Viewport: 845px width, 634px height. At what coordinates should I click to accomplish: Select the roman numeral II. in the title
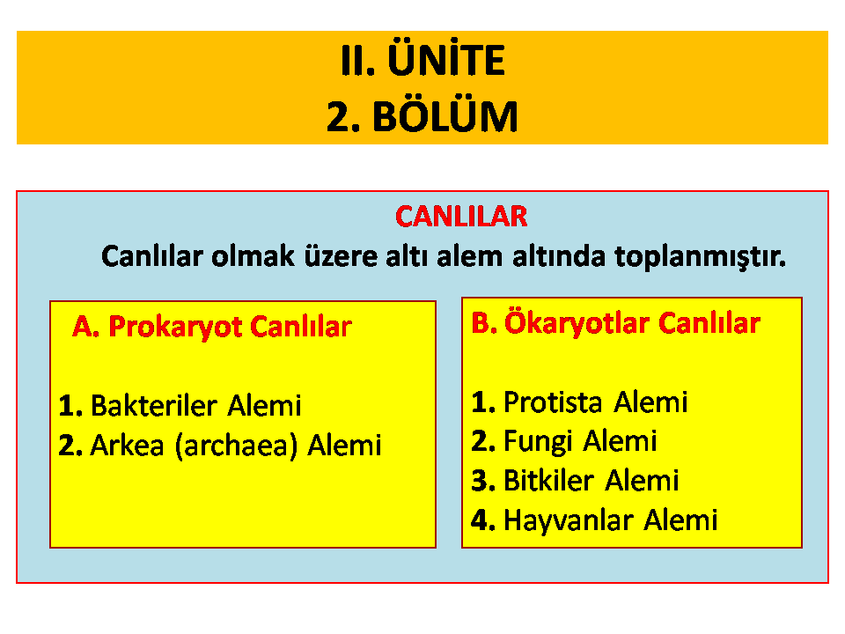358,61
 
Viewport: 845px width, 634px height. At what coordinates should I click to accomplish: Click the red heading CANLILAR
461,217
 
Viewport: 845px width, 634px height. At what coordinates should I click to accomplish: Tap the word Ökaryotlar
577,323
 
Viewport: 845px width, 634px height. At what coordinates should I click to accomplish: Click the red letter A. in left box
86,327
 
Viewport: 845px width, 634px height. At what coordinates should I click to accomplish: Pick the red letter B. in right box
484,323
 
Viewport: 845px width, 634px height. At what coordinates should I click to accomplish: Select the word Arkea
127,446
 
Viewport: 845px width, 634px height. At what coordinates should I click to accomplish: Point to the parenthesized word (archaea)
237,446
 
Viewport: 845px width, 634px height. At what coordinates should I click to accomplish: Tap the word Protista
553,402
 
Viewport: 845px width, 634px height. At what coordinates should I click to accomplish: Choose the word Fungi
538,442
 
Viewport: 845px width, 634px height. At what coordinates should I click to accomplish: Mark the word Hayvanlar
568,520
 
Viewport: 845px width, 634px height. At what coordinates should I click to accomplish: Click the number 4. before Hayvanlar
483,520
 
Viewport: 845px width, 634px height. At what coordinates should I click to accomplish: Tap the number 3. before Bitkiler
483,481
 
